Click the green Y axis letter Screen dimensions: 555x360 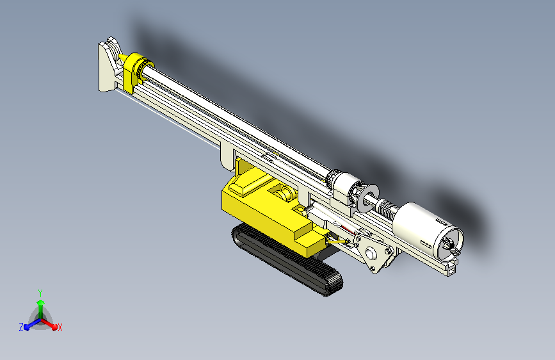pyautogui.click(x=40, y=293)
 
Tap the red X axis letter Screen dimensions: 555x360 pyautogui.click(x=60, y=328)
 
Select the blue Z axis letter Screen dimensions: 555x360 pyautogui.click(x=21, y=327)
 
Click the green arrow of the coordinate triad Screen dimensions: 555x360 pyautogui.click(x=41, y=309)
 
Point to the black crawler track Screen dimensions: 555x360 pyautogui.click(x=287, y=259)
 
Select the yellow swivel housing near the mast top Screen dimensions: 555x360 pyautogui.click(x=137, y=71)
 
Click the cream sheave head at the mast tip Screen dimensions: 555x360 pyautogui.click(x=109, y=65)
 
